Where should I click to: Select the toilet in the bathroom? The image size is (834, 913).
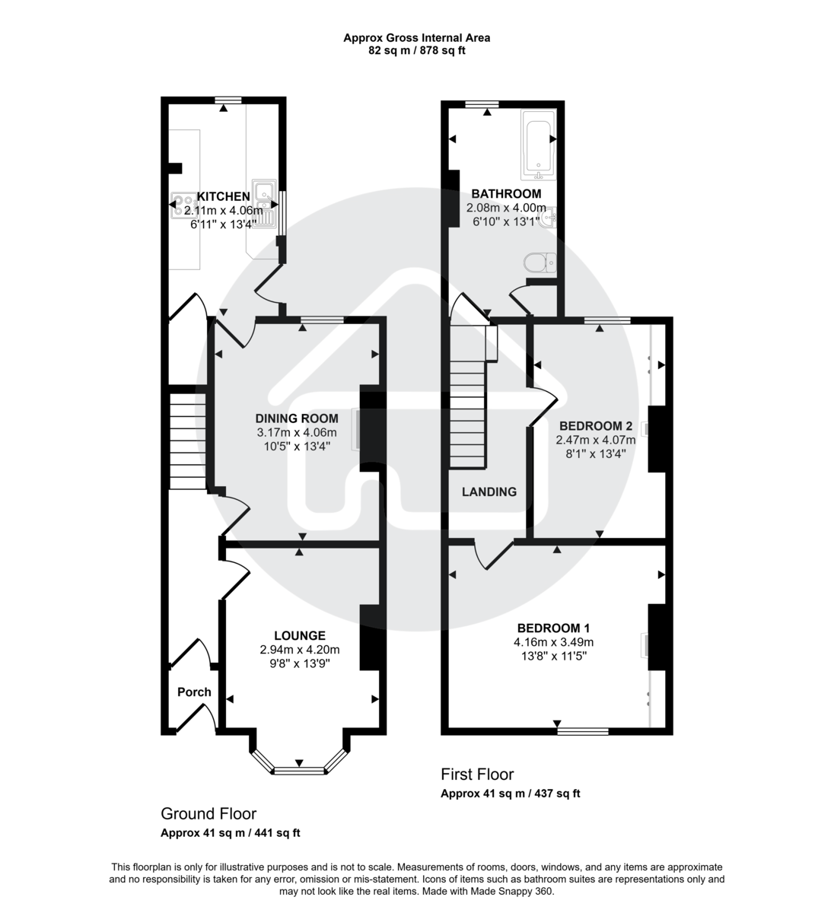(x=540, y=262)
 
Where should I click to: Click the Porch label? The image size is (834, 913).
(x=194, y=692)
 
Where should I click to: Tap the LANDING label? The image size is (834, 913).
(x=489, y=491)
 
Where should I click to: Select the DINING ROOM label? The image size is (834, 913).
(x=297, y=418)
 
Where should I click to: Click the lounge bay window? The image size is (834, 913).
(x=299, y=770)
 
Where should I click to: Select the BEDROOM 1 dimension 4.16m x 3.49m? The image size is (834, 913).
(x=553, y=641)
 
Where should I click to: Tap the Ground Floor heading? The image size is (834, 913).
(x=208, y=814)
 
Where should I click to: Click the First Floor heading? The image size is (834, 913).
(x=477, y=775)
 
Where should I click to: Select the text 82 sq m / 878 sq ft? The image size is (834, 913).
(x=416, y=51)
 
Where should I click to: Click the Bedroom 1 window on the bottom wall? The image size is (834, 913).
(x=583, y=731)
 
